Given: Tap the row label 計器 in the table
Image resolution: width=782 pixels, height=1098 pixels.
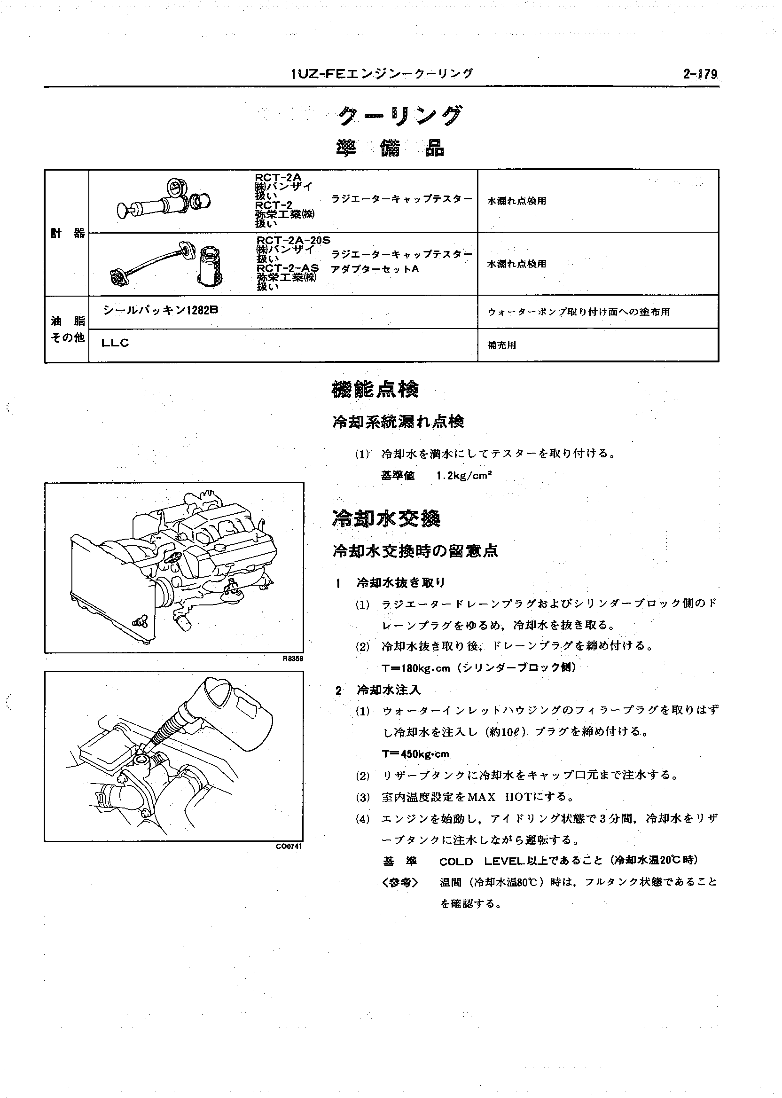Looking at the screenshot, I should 67,234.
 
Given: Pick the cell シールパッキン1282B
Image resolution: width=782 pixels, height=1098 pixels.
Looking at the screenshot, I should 160,311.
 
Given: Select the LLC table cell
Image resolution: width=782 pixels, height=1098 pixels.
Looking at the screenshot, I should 116,344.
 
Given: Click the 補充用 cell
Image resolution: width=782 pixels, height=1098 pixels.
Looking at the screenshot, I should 502,345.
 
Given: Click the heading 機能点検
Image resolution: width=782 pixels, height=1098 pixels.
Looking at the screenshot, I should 375,390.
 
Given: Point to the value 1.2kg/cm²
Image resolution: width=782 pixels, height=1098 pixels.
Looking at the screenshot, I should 464,476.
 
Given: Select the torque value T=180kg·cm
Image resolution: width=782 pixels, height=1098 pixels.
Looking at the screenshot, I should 415,668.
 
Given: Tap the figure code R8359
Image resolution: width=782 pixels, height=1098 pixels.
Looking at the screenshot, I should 293,659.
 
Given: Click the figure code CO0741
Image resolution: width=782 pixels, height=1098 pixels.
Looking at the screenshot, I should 289,847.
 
